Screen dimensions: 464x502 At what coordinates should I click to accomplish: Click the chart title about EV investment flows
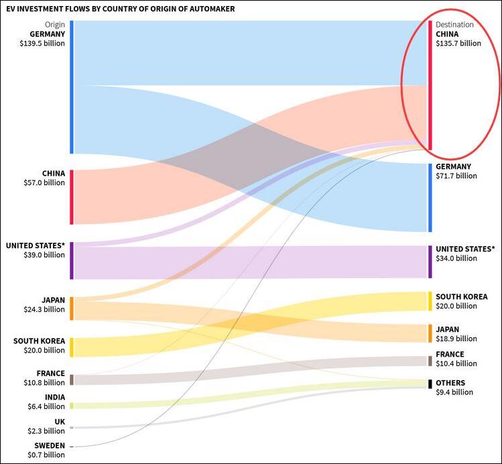[x=121, y=9]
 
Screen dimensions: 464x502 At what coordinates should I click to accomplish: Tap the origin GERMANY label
[x=47, y=34]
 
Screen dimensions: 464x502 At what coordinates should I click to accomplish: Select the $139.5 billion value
[x=42, y=43]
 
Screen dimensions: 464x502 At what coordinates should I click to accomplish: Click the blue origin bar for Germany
[x=72, y=87]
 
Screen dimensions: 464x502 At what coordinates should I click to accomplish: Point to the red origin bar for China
[x=72, y=196]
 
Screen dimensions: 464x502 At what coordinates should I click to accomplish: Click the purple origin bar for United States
[x=72, y=260]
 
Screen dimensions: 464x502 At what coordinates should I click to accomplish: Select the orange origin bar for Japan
[x=72, y=308]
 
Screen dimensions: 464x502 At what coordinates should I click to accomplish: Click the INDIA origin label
[x=54, y=398]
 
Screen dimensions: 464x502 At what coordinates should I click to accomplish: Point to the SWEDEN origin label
[x=50, y=446]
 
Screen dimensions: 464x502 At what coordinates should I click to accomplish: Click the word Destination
[x=454, y=25]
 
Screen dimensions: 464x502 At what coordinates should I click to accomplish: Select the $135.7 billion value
[x=458, y=44]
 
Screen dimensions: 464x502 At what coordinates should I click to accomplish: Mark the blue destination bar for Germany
[x=430, y=197]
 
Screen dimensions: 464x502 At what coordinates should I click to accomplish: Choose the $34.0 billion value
[x=456, y=258]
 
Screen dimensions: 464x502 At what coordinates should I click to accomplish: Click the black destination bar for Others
[x=430, y=384]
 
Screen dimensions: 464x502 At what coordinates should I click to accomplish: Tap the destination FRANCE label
[x=450, y=355]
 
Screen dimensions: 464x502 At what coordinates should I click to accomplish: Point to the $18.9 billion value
[x=456, y=339]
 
